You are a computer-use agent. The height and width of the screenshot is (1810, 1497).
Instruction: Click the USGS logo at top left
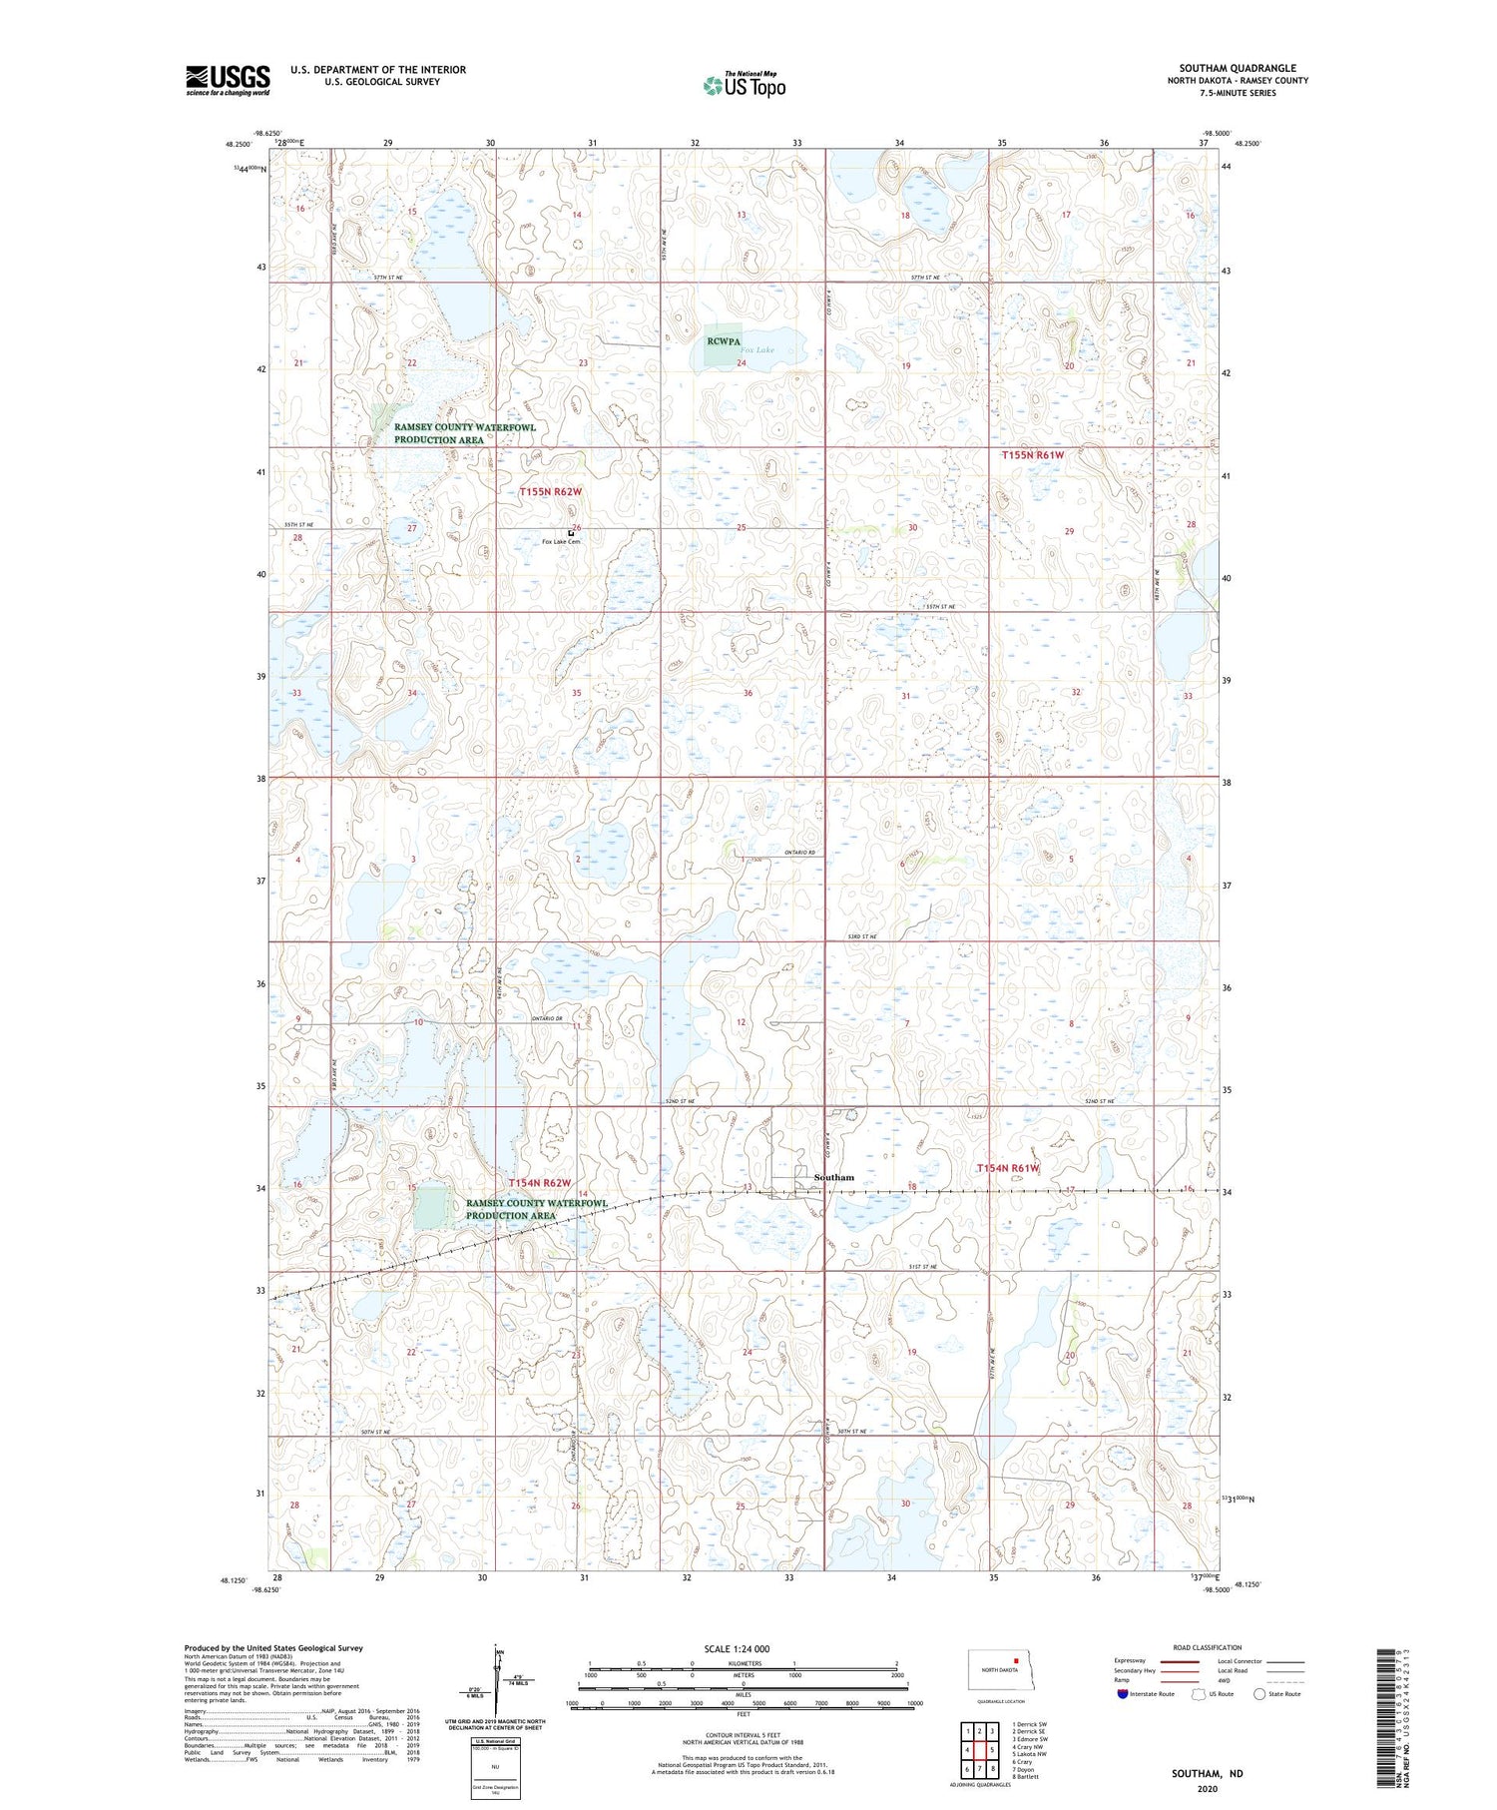[x=228, y=80]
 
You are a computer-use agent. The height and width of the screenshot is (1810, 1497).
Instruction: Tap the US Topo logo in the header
[x=745, y=85]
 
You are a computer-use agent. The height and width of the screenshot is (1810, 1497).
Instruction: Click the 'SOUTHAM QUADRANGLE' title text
[x=1238, y=69]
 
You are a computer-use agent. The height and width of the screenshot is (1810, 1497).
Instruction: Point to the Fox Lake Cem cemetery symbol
[x=571, y=533]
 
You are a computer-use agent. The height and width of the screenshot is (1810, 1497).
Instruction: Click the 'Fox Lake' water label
[x=757, y=350]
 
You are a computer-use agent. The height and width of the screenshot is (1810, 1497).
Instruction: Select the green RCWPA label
[x=725, y=341]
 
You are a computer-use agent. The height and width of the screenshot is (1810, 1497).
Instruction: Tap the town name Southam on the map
[x=834, y=1177]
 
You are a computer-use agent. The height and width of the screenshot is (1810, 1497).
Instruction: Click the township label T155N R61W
[x=1033, y=455]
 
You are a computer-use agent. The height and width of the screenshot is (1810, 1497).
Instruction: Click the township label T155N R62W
[x=550, y=492]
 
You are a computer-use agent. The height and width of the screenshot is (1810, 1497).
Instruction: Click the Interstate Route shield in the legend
[x=1123, y=1693]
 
